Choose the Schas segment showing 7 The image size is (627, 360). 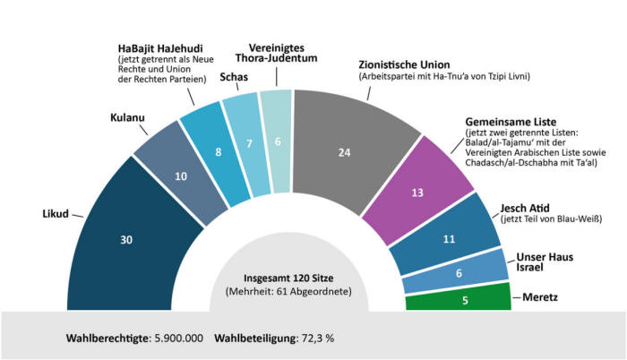pos(237,143)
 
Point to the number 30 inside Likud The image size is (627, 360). pos(126,240)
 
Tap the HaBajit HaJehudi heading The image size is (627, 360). pos(161,47)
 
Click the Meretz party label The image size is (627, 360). pos(540,295)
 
